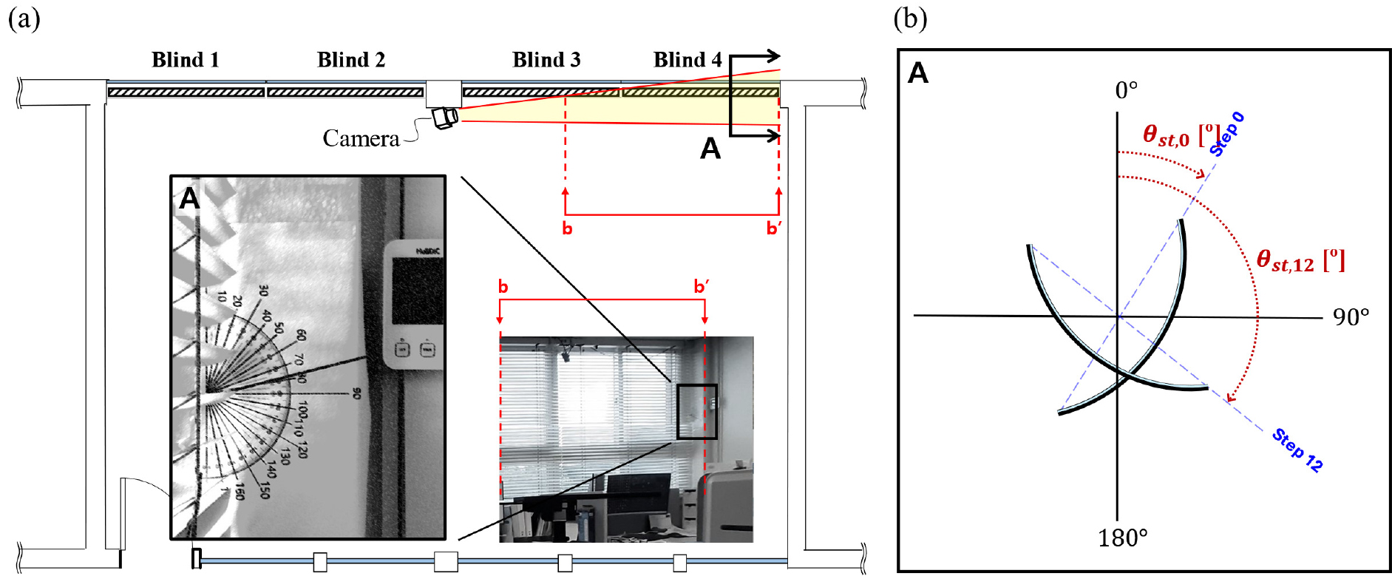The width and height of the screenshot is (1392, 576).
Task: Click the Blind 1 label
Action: [x=185, y=60]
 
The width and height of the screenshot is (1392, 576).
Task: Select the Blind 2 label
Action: [x=351, y=60]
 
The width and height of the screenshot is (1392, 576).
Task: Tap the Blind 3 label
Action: [x=546, y=60]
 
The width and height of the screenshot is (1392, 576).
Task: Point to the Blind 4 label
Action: [x=687, y=60]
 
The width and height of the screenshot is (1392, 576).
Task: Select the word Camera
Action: [x=361, y=138]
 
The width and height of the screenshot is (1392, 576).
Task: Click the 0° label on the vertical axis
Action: [x=1126, y=90]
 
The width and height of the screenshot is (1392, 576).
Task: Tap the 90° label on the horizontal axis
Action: [x=1351, y=317]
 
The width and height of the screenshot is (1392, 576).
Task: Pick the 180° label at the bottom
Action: [x=1122, y=538]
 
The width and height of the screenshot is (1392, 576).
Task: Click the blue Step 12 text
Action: [x=1297, y=450]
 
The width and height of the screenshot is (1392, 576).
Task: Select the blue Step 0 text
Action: [x=1227, y=134]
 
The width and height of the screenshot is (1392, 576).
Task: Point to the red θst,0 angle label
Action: [x=1177, y=135]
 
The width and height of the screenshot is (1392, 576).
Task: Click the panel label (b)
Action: [x=910, y=18]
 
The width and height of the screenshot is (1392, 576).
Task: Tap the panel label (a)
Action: [x=24, y=18]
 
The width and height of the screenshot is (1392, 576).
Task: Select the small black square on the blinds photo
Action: [x=697, y=411]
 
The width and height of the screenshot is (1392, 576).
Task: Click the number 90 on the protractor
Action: [x=356, y=393]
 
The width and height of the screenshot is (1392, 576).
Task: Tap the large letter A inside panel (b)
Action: [x=918, y=73]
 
